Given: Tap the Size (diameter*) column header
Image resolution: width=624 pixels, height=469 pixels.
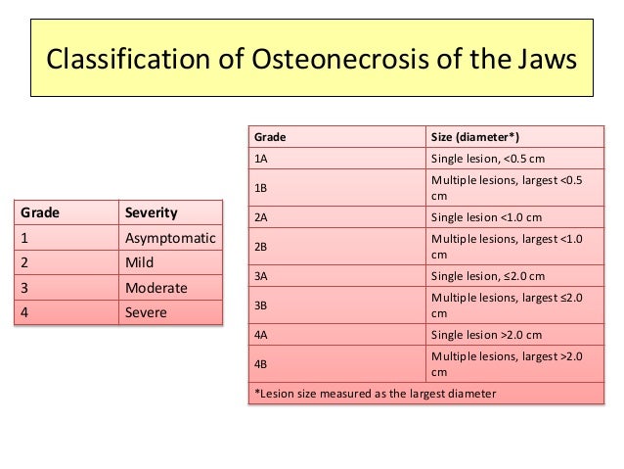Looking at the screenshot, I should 476,136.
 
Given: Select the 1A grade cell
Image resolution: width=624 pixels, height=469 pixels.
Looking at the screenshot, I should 261,158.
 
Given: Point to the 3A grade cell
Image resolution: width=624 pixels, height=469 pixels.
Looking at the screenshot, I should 261,277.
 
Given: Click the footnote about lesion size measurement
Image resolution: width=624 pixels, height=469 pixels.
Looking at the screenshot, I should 375,395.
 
